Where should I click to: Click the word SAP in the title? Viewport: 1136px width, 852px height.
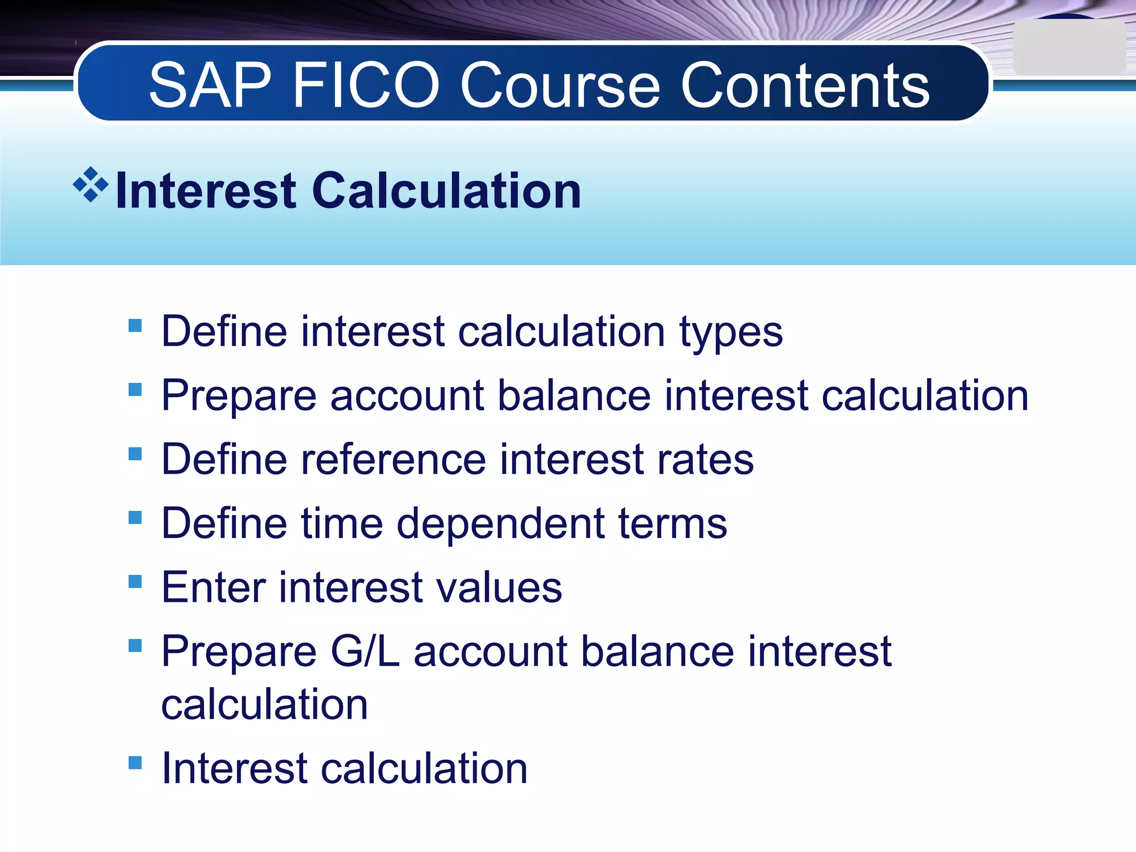(x=210, y=85)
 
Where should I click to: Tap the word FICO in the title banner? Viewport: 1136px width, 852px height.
(x=366, y=85)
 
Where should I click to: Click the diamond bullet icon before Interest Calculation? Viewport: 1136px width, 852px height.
(x=90, y=184)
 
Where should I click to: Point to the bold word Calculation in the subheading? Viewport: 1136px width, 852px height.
(x=447, y=191)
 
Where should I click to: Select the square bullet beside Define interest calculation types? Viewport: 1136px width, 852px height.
(x=135, y=325)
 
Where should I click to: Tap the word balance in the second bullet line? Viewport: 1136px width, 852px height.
(x=574, y=396)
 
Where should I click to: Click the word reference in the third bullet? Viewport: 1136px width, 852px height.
(x=393, y=460)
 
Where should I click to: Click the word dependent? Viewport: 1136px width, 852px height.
(x=500, y=524)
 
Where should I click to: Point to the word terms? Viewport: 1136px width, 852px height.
(x=672, y=524)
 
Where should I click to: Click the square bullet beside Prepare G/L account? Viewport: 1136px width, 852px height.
(x=135, y=646)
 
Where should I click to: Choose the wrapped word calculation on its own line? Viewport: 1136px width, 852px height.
(x=264, y=704)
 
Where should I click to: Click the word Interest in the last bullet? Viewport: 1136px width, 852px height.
(x=234, y=769)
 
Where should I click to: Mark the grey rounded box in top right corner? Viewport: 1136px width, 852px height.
(x=1068, y=48)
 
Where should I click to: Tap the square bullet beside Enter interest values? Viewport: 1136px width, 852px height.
(x=135, y=581)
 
